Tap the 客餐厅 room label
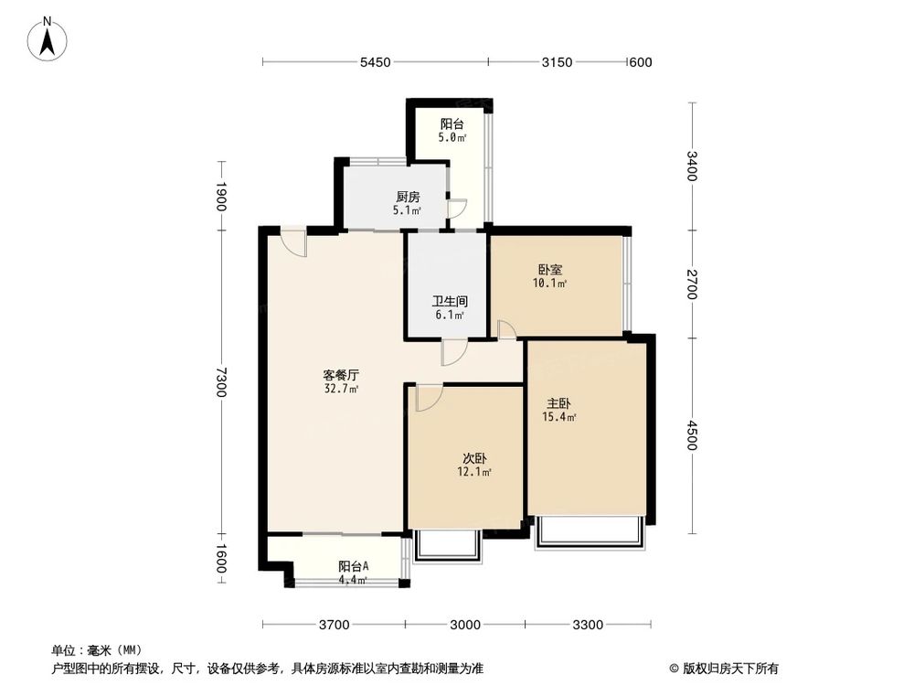point(340,375)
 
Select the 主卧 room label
point(560,403)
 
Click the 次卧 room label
point(474,459)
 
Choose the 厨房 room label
point(408,197)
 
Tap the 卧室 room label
point(550,270)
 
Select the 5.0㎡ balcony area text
point(452,138)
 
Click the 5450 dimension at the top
point(375,62)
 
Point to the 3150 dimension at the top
point(557,62)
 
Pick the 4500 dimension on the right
point(692,434)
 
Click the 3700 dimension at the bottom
point(334,626)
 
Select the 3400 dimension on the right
point(692,166)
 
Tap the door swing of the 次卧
point(428,397)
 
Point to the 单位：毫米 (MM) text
point(103,650)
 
